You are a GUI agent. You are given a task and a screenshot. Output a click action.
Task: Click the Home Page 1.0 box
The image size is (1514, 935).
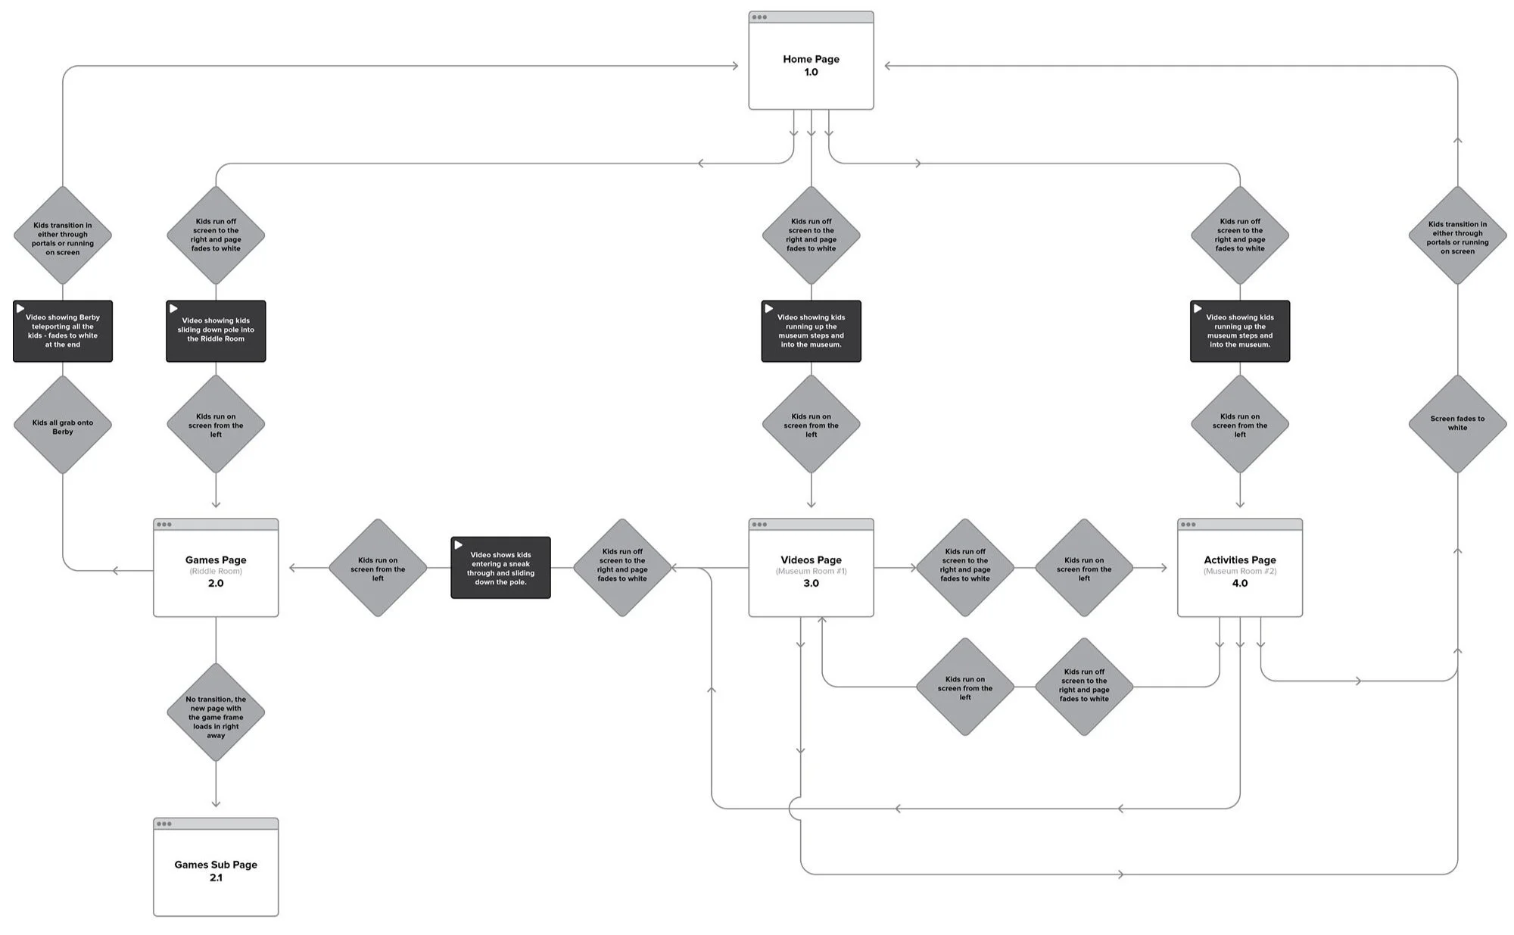click(x=811, y=65)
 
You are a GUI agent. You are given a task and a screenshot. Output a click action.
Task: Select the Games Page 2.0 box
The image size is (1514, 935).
click(x=216, y=572)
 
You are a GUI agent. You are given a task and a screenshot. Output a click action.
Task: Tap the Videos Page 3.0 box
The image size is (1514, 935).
click(x=811, y=572)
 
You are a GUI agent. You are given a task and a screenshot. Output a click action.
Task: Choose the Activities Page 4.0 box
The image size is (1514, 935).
click(x=1239, y=572)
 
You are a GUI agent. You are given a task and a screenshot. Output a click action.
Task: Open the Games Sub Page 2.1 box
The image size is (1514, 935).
click(x=216, y=871)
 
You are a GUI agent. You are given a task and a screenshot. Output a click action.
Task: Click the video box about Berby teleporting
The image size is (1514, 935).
click(x=63, y=332)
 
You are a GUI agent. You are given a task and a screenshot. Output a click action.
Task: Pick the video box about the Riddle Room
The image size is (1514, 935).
click(x=216, y=332)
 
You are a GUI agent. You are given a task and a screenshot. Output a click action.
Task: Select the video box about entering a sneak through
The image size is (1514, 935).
click(x=500, y=568)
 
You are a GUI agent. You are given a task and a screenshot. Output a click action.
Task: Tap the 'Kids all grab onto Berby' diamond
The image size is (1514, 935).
click(x=63, y=426)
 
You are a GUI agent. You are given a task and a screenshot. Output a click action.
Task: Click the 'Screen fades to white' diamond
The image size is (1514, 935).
click(x=1457, y=423)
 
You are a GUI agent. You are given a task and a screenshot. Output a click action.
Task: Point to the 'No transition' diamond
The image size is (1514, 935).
click(x=216, y=713)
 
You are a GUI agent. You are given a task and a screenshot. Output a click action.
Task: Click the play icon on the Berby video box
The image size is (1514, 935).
click(x=20, y=309)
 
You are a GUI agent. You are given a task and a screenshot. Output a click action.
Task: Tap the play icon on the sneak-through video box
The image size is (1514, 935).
click(x=458, y=545)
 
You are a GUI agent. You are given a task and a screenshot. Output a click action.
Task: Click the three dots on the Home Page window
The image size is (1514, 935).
click(x=759, y=17)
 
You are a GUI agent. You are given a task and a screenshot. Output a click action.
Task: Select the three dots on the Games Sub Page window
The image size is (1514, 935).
click(x=164, y=824)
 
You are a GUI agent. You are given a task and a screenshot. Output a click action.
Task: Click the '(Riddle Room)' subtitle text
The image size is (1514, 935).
click(x=216, y=572)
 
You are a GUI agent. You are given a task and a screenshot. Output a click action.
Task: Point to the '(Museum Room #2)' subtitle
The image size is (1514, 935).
click(x=1239, y=572)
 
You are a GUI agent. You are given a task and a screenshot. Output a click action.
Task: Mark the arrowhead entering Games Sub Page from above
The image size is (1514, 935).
click(x=216, y=804)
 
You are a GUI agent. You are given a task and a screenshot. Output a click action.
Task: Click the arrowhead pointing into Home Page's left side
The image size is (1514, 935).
click(x=735, y=66)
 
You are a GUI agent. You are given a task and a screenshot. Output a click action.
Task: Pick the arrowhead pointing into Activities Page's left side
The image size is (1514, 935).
click(x=1164, y=568)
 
